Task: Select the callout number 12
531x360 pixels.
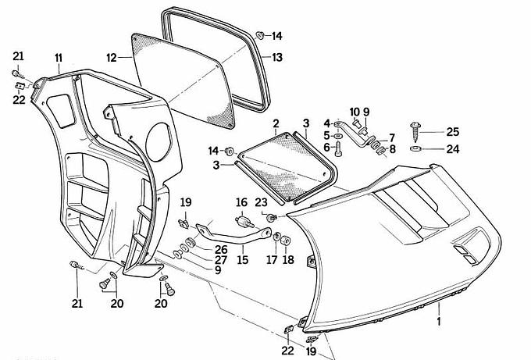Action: coord(111,57)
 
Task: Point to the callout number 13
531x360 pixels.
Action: coord(277,57)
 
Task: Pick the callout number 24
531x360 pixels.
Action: coord(453,148)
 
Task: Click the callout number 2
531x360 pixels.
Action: coord(276,123)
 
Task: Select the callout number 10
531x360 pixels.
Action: coord(354,112)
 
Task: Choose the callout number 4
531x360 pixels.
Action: coord(327,123)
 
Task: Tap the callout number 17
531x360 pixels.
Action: coord(273,259)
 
